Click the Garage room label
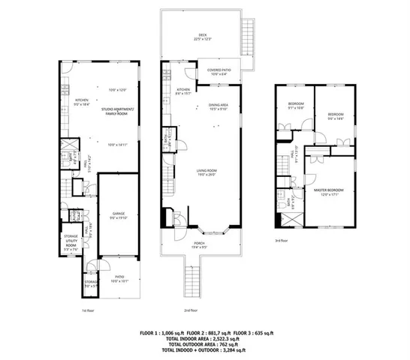coord(118,215)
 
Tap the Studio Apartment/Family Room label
coord(119,112)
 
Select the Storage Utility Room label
coord(71,241)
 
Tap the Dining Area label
coord(219,106)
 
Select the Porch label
coord(200,243)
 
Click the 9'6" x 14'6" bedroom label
coord(334,115)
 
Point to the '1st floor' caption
coord(88,310)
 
